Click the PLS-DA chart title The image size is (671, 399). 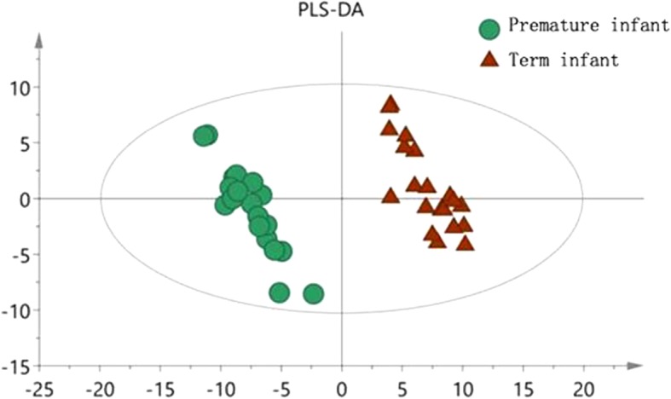341,11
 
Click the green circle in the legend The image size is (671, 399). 489,29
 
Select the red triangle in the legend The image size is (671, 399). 489,60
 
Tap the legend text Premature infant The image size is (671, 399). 588,26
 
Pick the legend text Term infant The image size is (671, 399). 564,60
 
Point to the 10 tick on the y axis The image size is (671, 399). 20,87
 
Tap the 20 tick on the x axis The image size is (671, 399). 583,389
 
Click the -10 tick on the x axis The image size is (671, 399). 220,389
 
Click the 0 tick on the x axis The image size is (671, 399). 342,389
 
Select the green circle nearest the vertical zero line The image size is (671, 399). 314,294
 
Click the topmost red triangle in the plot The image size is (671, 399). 390,104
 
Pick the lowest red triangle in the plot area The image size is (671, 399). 465,243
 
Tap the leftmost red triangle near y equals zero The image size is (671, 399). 390,195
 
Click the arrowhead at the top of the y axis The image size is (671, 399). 38,38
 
